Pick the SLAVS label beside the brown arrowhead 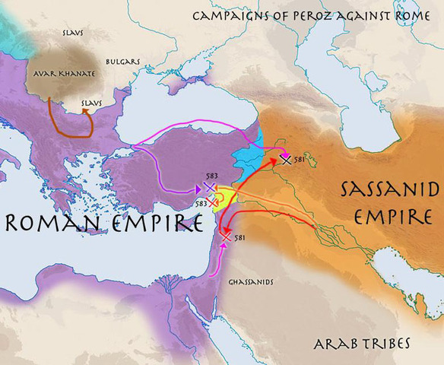pyautogui.click(x=93, y=103)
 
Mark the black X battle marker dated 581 pyautogui.click(x=286, y=159)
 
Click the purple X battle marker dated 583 pyautogui.click(x=210, y=186)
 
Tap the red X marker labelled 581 pyautogui.click(x=226, y=238)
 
